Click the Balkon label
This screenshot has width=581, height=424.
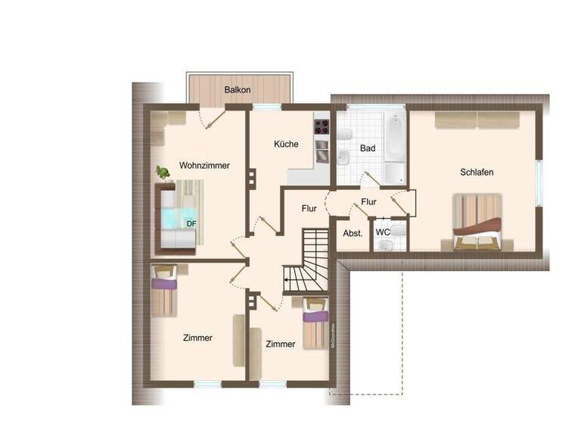click(238, 89)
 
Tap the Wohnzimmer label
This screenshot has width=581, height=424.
click(204, 165)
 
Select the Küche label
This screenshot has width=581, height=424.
click(286, 144)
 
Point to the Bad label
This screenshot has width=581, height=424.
click(368, 148)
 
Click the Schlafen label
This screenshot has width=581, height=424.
click(477, 172)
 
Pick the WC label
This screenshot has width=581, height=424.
click(383, 232)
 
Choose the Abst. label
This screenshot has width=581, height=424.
click(353, 233)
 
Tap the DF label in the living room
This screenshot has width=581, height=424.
click(192, 223)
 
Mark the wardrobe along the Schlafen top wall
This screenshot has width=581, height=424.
click(477, 120)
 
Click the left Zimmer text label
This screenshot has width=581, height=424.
click(197, 338)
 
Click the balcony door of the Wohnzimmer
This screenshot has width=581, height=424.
click(210, 117)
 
